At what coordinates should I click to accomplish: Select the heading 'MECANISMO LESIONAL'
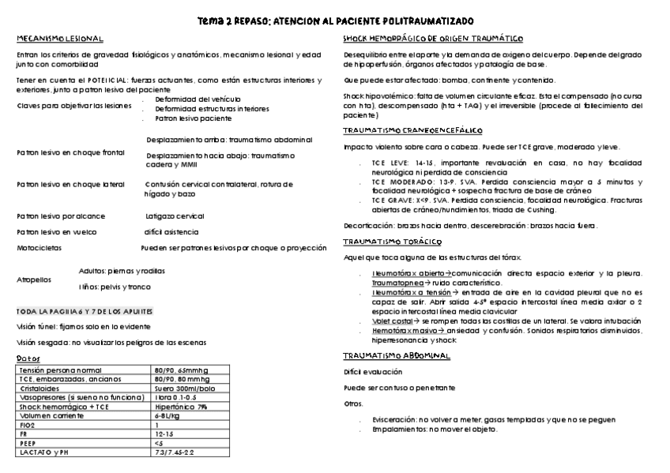[x=60, y=39]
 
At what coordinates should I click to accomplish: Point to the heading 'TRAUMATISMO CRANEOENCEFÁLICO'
[x=412, y=130]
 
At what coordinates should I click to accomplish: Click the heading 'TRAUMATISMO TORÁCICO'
[x=391, y=242]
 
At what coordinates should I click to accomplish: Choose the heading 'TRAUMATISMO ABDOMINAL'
[x=397, y=356]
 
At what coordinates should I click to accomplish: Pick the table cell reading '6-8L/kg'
[x=167, y=415]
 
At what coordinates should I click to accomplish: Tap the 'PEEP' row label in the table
[x=28, y=445]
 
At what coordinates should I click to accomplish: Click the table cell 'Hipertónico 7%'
[x=181, y=407]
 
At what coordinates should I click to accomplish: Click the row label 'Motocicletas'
[x=38, y=248]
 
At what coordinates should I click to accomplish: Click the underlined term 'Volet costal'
[x=393, y=320]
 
